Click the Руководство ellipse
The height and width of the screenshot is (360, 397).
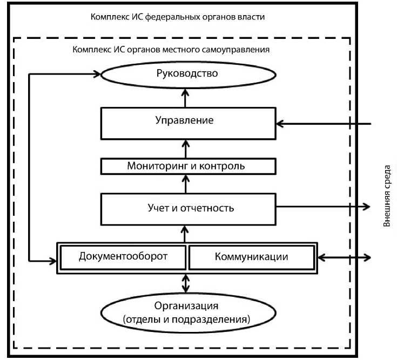[x=186, y=74]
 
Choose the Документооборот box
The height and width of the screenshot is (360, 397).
[x=123, y=257]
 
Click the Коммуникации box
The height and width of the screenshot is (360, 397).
[x=251, y=257]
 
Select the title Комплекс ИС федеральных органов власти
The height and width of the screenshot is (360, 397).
[x=178, y=17]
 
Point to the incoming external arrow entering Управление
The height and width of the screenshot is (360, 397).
[x=324, y=124]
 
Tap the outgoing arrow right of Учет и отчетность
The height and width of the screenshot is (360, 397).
[x=324, y=207]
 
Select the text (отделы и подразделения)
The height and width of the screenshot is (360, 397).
[x=187, y=319]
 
